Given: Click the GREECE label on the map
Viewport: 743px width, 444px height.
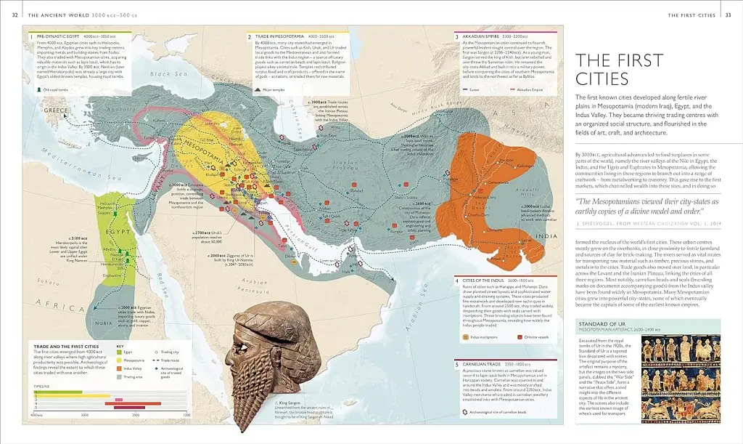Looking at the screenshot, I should tap(56, 110).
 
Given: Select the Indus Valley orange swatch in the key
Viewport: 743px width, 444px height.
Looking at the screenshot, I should tap(119, 369).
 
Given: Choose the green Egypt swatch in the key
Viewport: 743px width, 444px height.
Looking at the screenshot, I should tap(119, 351).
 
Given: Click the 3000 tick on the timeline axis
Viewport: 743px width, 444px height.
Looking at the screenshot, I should tap(85, 414).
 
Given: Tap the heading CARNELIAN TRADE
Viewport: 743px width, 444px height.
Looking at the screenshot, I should tap(483, 364).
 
